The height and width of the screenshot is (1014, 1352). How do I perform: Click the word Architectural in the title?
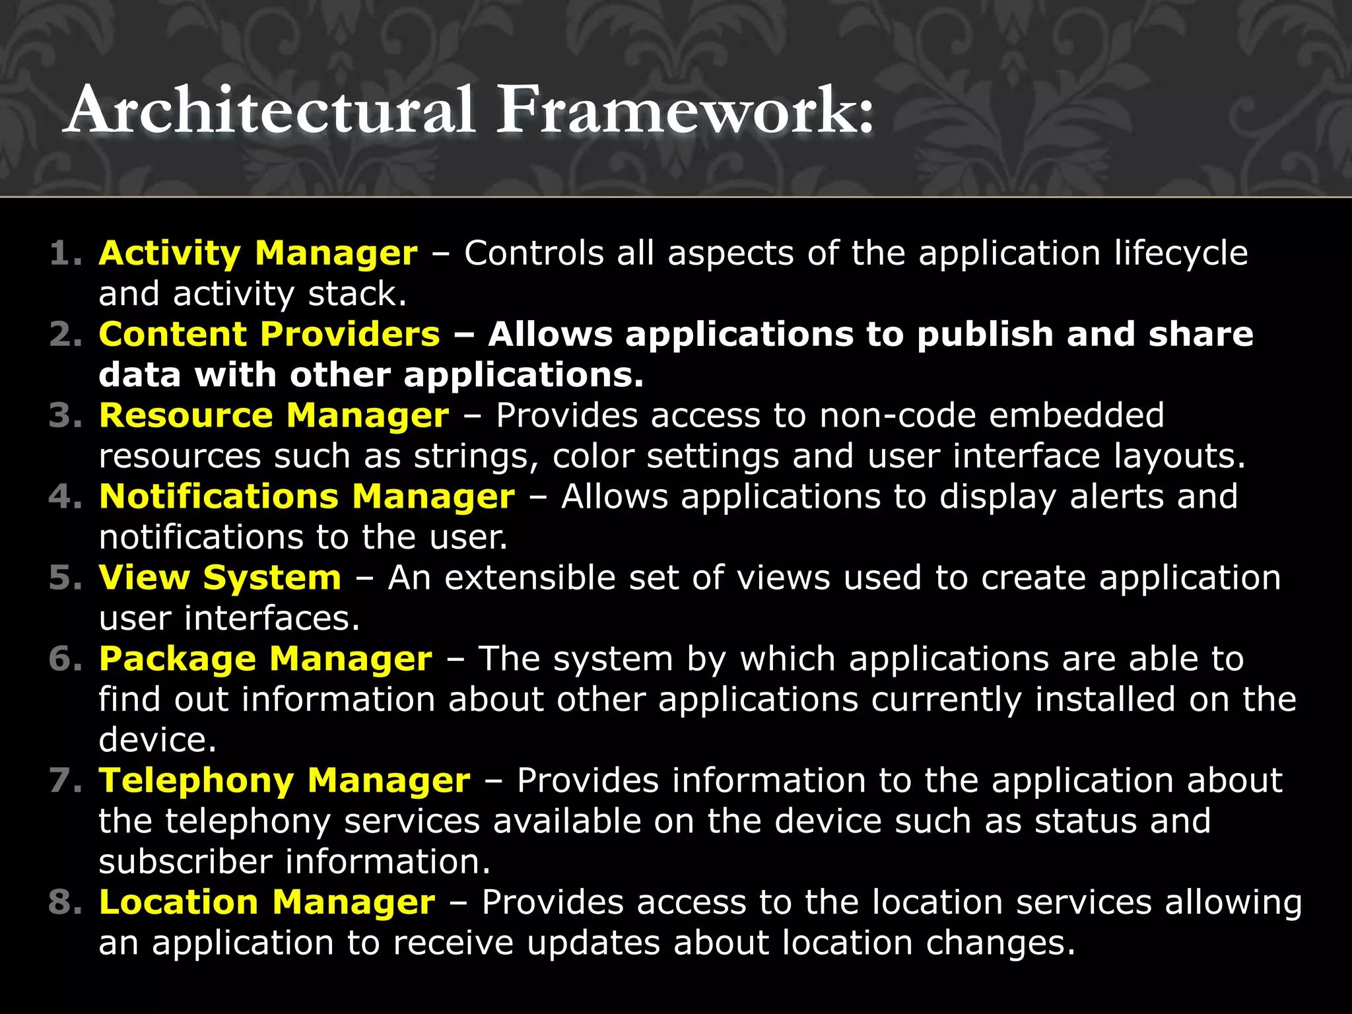271,110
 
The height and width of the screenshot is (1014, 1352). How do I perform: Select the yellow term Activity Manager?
258,253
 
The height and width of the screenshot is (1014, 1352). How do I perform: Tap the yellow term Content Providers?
269,335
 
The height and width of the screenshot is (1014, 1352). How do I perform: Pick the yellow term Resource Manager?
274,416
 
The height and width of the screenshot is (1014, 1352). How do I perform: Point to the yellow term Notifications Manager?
307,497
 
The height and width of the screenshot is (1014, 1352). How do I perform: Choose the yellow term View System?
220,578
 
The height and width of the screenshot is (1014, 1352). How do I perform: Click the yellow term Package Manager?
265,659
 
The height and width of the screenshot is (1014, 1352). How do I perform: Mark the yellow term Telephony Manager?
285,781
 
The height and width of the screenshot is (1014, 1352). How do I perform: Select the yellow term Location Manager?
267,902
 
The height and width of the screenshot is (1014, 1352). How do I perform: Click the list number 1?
65,253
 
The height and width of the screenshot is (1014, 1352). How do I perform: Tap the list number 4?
65,497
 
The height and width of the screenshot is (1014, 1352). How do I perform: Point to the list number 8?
65,902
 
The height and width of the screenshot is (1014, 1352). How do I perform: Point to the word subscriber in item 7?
186,862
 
